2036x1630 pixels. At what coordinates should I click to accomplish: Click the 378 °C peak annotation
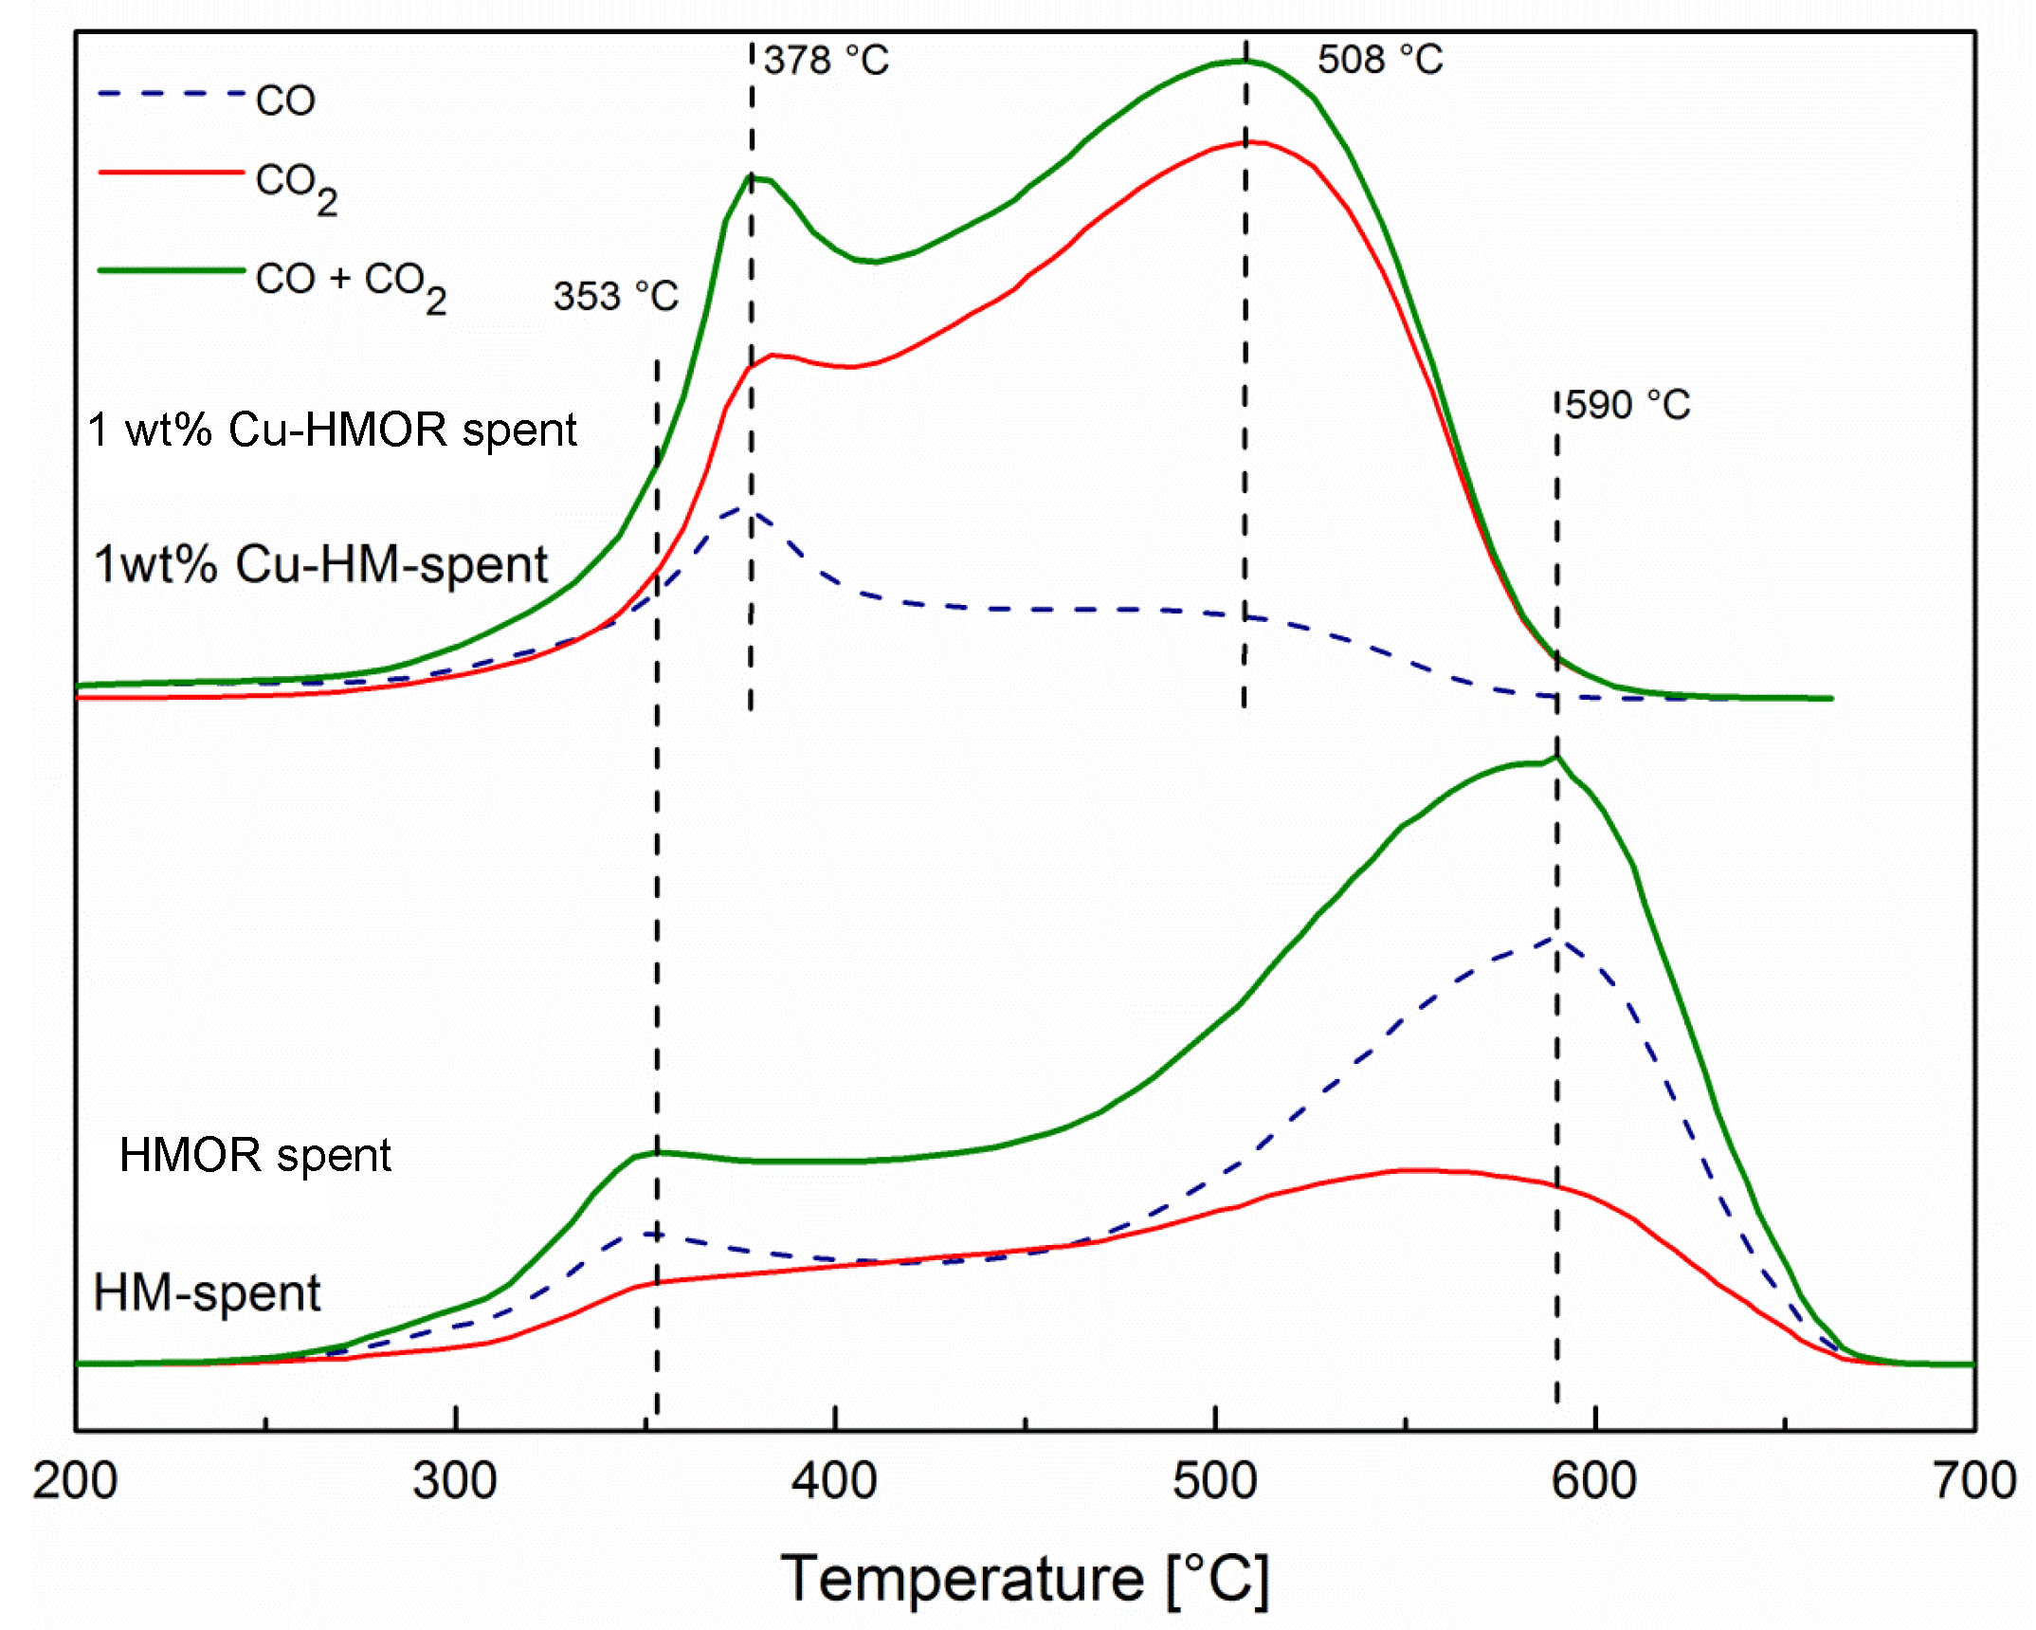(826, 61)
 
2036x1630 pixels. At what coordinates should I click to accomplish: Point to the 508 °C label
(1379, 60)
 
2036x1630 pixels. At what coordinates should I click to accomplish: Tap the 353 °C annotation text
(616, 297)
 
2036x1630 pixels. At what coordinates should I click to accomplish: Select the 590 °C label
(1627, 405)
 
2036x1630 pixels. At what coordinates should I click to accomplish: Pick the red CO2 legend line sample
(172, 173)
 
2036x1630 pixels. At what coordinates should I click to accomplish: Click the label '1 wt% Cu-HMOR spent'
(332, 430)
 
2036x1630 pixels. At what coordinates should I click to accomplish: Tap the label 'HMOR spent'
(255, 1155)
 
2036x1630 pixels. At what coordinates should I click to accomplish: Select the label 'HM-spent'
(207, 1293)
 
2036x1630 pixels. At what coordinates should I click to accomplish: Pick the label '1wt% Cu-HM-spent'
(320, 564)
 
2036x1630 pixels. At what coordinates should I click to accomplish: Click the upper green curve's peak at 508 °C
(1245, 61)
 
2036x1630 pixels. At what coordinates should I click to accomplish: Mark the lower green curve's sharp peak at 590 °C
(1556, 757)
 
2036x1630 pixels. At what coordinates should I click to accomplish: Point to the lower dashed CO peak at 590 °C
(1556, 938)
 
